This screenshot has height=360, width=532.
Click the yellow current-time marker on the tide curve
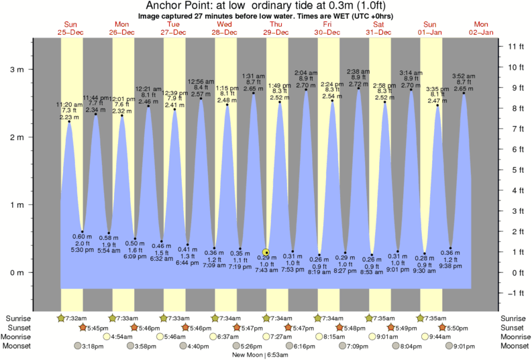266,253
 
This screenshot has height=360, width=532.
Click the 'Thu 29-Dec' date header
276,29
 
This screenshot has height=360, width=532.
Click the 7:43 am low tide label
266,269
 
